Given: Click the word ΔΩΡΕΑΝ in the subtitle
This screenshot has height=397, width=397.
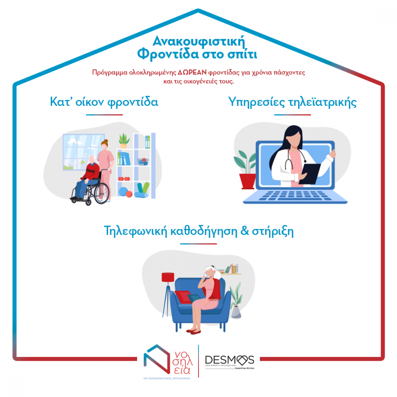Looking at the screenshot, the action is coord(192,72).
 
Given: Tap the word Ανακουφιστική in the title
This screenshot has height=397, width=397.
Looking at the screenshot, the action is coord(199,41).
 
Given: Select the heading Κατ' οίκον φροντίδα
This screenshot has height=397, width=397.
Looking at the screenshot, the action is coord(104,102).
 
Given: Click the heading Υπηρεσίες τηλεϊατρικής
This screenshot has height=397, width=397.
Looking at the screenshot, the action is coord(292,102).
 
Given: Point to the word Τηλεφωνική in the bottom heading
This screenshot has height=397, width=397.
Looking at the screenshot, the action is coord(136,231).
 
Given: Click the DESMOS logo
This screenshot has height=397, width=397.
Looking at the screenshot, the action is coord(229,361).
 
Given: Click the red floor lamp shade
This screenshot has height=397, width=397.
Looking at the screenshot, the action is coord(168,277).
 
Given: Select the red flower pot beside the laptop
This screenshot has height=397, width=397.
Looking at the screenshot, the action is coord(247,181).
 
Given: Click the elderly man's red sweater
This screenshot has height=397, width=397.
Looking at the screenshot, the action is coord(91,172).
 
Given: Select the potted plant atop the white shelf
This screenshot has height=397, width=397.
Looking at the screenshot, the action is coord(124,141).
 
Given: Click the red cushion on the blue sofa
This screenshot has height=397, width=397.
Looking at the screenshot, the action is coord(184,297).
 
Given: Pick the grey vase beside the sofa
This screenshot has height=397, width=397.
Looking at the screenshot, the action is coord(236,312).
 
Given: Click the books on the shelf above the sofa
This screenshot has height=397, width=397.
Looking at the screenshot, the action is coord(232,269).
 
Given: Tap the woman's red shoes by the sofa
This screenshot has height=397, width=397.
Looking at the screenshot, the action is coord(194,331).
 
